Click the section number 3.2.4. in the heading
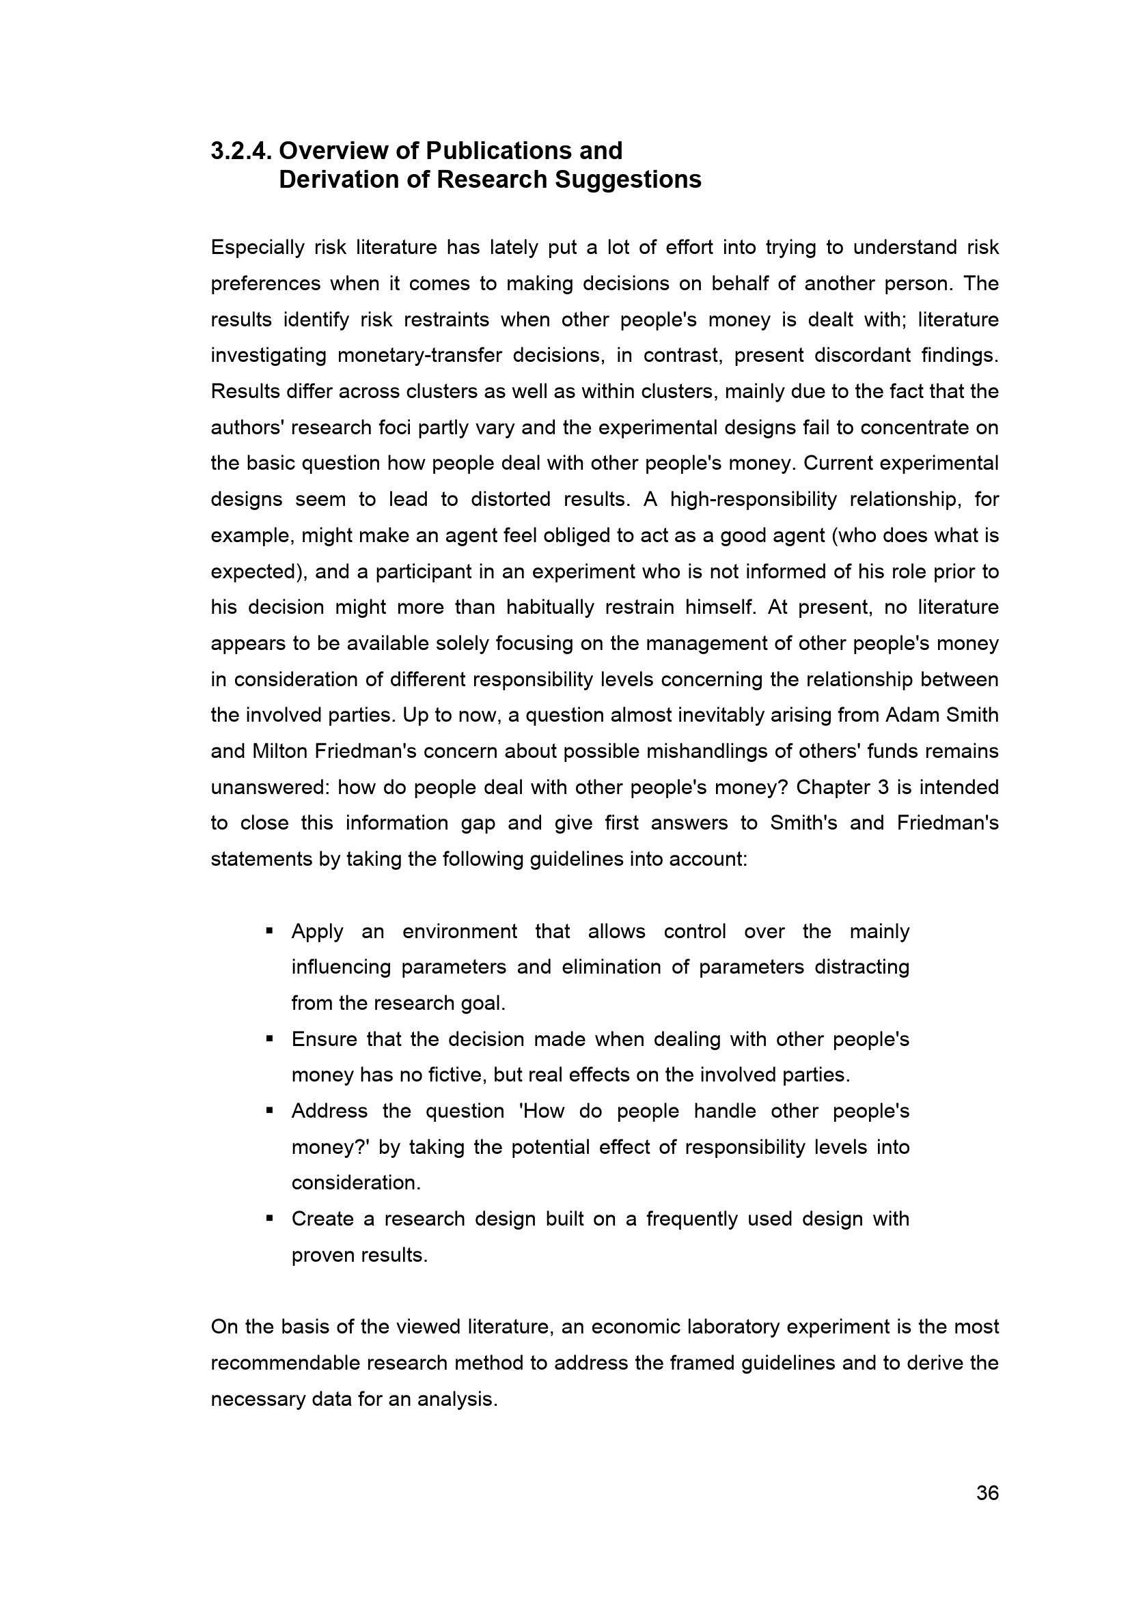240,151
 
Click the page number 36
987,1493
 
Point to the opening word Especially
258,248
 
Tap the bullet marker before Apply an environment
269,930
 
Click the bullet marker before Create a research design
269,1218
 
